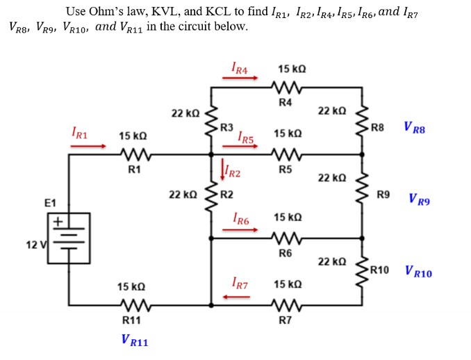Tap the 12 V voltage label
(x=33, y=245)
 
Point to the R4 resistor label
(x=285, y=102)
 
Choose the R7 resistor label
(x=285, y=320)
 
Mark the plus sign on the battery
(x=60, y=222)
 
